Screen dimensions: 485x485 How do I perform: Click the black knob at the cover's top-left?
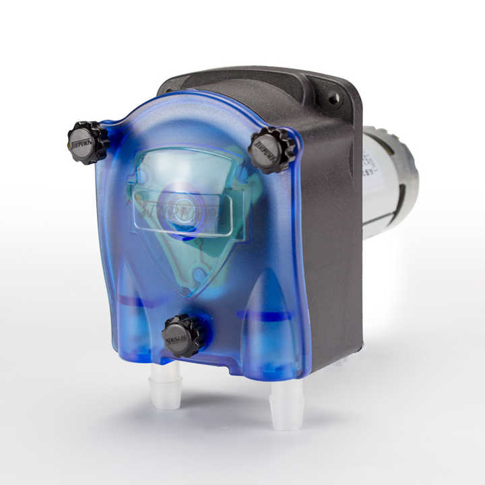tap(88, 142)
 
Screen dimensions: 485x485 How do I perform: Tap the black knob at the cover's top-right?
tap(271, 149)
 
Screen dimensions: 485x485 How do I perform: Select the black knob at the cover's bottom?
tap(183, 335)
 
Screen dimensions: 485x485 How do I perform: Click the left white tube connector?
tap(166, 386)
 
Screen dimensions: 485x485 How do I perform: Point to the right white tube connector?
tap(287, 403)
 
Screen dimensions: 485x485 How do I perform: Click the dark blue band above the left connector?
tap(143, 301)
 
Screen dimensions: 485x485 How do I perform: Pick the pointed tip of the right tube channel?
tap(265, 273)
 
